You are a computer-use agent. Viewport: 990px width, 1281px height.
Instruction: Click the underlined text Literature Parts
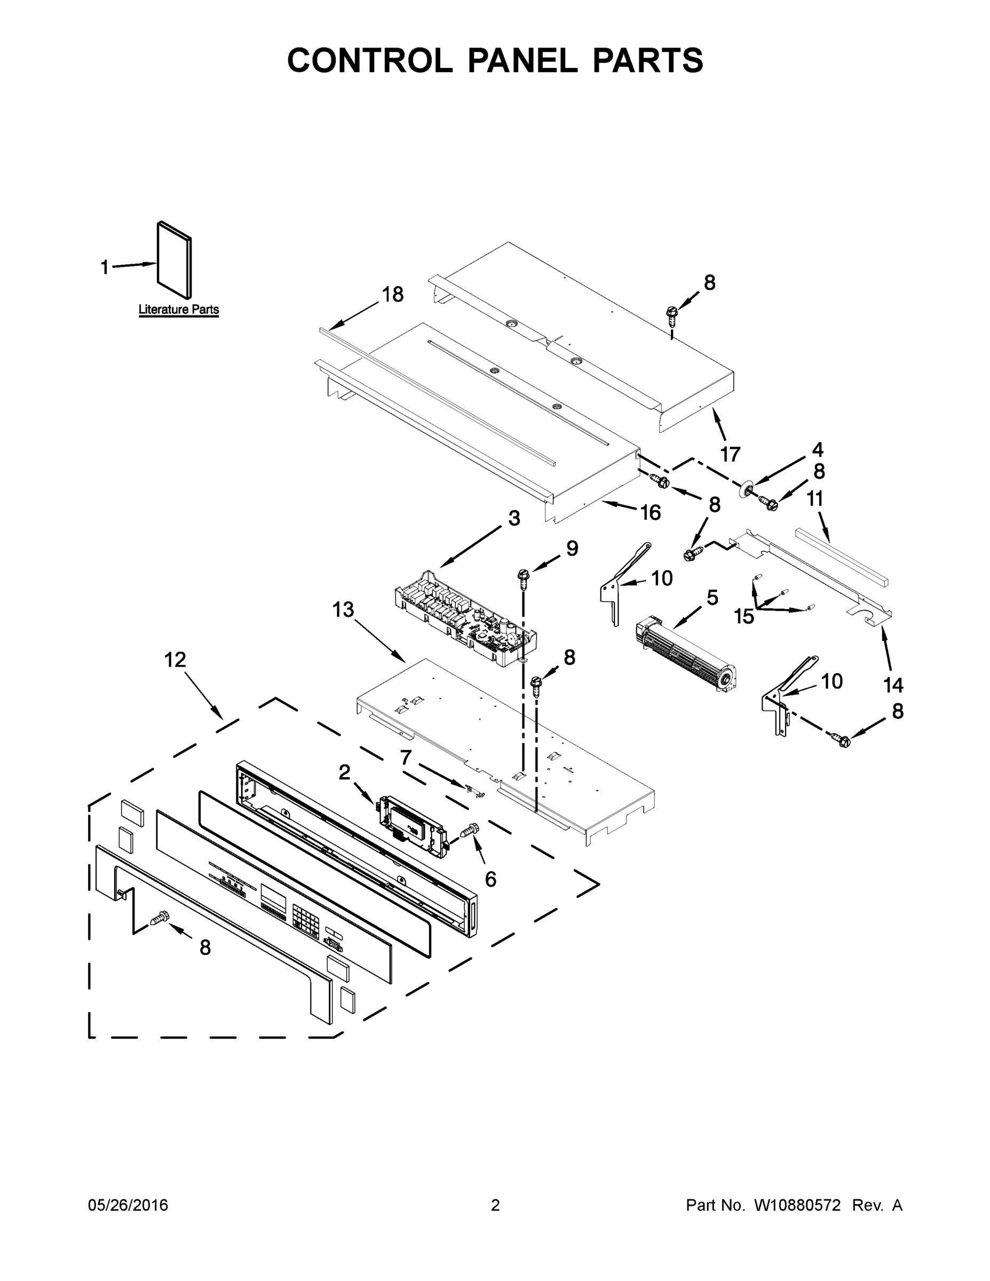(x=178, y=309)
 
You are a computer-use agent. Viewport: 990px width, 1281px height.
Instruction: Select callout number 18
(x=392, y=295)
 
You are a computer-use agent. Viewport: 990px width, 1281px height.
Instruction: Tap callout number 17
(x=730, y=454)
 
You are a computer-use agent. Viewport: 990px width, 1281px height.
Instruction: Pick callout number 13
(x=343, y=610)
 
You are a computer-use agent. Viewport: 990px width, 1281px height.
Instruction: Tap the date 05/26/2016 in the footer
(x=128, y=1205)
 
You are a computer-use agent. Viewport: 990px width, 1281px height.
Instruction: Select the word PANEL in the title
(x=522, y=60)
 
